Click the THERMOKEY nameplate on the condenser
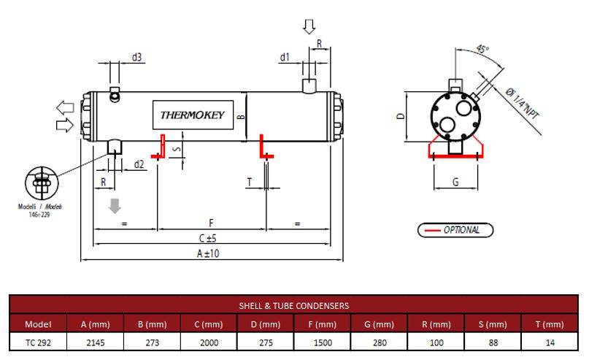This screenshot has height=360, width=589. [x=193, y=115]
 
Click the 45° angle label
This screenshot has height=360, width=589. [x=482, y=50]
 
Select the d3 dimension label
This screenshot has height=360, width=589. [x=136, y=56]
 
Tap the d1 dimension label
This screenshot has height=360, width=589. [x=285, y=57]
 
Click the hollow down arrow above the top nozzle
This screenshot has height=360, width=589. [x=309, y=26]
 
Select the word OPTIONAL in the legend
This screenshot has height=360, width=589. [x=462, y=230]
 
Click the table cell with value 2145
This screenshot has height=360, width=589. [x=96, y=341]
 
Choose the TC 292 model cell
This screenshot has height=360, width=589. [x=38, y=341]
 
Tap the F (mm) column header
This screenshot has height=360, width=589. [x=323, y=323]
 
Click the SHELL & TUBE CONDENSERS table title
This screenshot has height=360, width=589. [x=294, y=305]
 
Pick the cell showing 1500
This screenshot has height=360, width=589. [x=323, y=341]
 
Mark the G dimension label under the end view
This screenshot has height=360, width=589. [x=455, y=182]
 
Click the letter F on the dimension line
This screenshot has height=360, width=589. [x=211, y=221]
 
